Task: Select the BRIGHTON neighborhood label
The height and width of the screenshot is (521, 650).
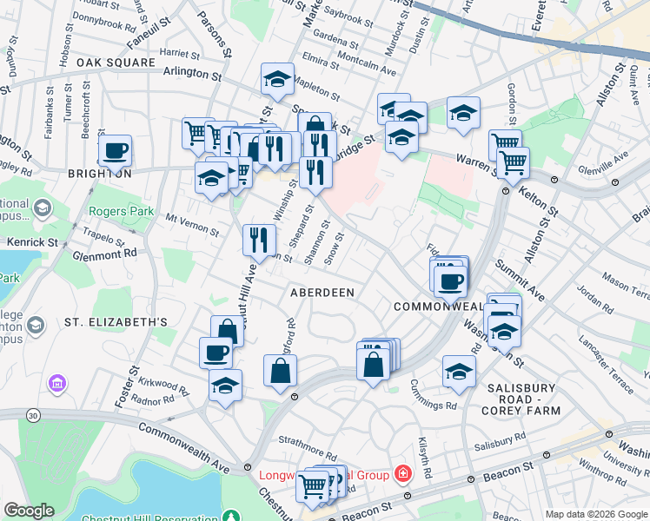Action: tap(99, 174)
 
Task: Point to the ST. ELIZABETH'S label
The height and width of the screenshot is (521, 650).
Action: tap(116, 322)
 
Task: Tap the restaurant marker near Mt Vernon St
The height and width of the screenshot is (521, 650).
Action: tap(258, 240)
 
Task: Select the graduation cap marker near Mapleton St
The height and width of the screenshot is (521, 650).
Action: tap(277, 80)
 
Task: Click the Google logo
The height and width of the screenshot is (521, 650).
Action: tap(29, 511)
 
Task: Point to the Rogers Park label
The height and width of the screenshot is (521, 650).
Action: tap(121, 211)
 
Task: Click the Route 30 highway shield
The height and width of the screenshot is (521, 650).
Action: tap(32, 416)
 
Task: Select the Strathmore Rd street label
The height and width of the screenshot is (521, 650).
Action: tap(308, 453)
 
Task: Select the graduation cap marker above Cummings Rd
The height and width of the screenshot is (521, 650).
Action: tap(459, 371)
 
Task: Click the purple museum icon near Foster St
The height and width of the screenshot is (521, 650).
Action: tap(58, 382)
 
